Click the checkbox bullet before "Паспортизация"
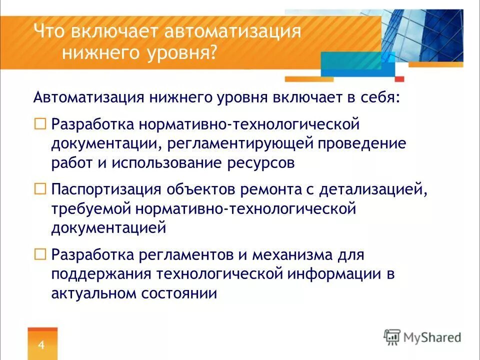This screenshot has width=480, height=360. click(39, 189)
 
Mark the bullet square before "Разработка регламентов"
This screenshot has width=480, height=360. click(39, 253)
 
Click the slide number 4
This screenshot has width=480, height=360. click(41, 345)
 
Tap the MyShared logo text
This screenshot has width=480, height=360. click(432, 337)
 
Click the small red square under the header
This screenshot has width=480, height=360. click(399, 79)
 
